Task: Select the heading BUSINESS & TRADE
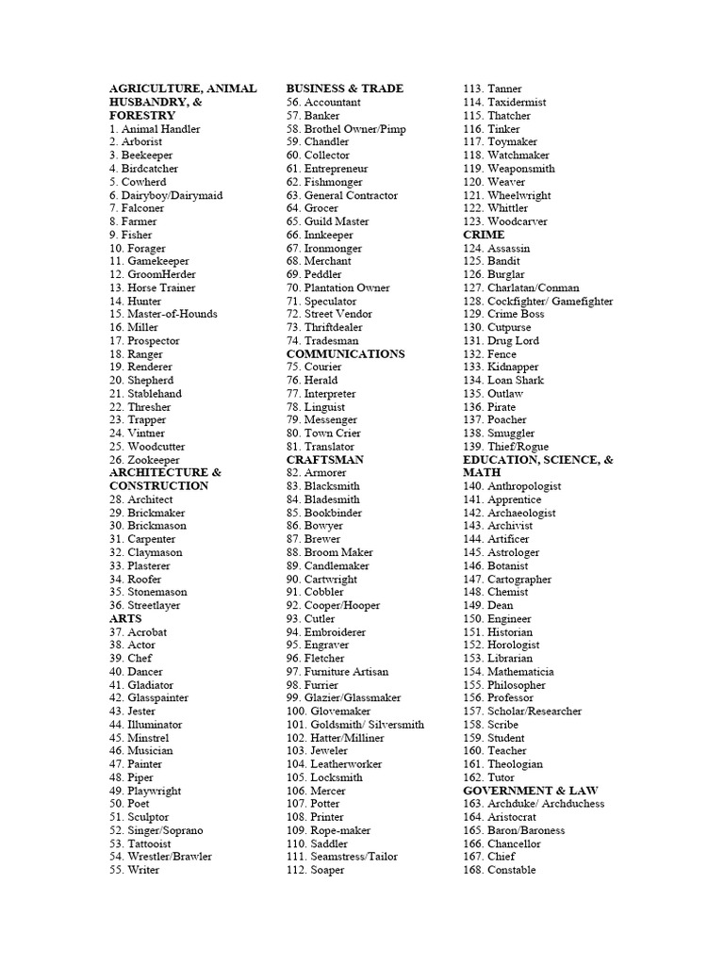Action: [x=344, y=89]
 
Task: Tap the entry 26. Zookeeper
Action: [x=144, y=460]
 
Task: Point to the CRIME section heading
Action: [x=484, y=235]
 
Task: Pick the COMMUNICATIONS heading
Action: [x=345, y=354]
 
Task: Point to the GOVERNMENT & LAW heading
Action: [x=530, y=791]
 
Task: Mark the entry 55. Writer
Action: [x=135, y=870]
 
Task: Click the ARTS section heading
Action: [x=125, y=619]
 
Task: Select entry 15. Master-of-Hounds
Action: [x=163, y=314]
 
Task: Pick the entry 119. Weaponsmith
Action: [x=509, y=169]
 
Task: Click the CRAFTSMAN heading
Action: [x=324, y=460]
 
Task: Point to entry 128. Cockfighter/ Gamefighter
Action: [x=537, y=302]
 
